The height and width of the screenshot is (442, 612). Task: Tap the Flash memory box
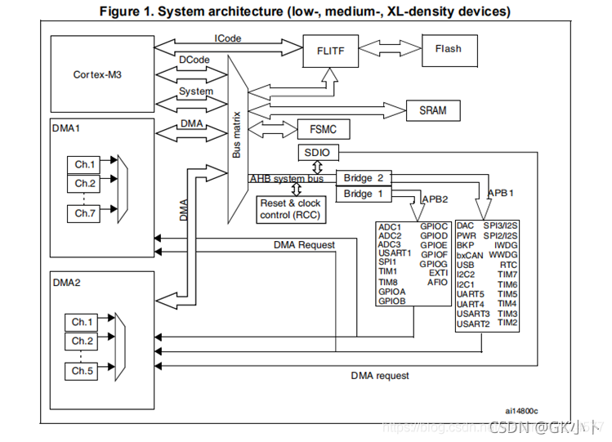[x=447, y=49]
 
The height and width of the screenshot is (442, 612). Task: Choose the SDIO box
[x=314, y=154]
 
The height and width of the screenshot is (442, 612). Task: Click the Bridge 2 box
[x=364, y=178]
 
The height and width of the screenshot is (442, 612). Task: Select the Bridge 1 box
[x=364, y=194]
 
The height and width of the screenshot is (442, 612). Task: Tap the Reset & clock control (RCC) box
[x=290, y=210]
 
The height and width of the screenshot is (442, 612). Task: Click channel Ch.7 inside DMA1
[x=85, y=213]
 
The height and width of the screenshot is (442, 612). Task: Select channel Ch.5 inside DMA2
[x=83, y=372]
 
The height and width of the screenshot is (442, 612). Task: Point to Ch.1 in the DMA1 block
[x=85, y=163]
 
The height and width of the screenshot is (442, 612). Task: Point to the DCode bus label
[x=194, y=60]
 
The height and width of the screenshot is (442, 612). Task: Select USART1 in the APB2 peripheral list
[x=395, y=252]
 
